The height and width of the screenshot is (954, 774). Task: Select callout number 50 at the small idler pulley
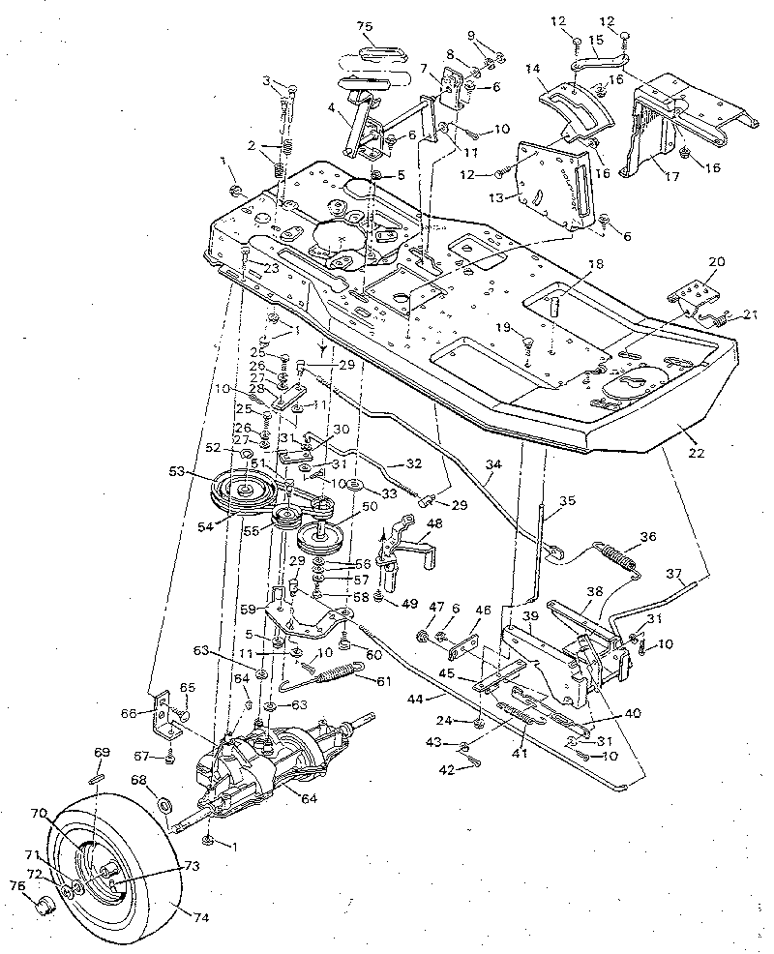coord(369,507)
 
